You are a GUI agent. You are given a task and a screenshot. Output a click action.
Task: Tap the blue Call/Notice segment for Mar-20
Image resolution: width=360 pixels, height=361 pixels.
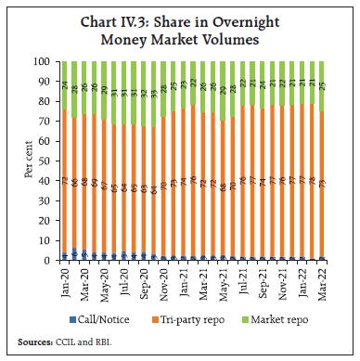[84, 253]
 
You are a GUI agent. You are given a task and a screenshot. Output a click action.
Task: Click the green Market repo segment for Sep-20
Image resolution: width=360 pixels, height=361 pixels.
[143, 93]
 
